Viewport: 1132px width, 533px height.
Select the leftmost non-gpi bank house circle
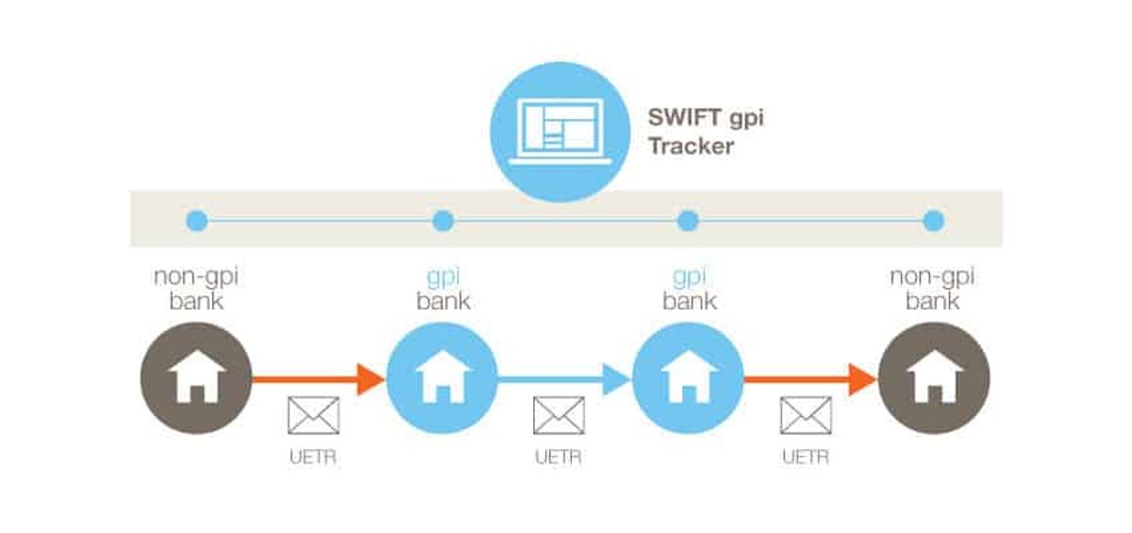pos(196,378)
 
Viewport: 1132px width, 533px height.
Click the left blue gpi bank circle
pos(442,378)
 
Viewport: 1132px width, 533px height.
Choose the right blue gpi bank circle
pos(688,378)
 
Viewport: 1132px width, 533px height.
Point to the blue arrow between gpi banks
pos(564,379)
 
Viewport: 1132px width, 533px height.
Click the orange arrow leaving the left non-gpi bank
pos(319,379)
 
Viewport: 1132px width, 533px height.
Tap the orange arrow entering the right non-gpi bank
pos(810,379)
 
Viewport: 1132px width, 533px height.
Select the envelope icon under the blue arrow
pos(558,415)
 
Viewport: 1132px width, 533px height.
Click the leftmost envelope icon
pos(313,415)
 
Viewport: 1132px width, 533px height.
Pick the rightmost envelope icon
pos(806,415)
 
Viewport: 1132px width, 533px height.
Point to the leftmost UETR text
pos(313,458)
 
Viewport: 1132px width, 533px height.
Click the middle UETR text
pos(558,458)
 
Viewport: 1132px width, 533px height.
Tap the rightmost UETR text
pos(806,458)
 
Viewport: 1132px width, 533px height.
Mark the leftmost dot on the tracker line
pos(196,221)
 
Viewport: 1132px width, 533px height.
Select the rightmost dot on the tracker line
pos(934,221)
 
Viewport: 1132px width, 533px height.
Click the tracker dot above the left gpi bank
pos(442,221)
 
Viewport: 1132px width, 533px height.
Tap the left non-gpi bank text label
pos(196,289)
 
